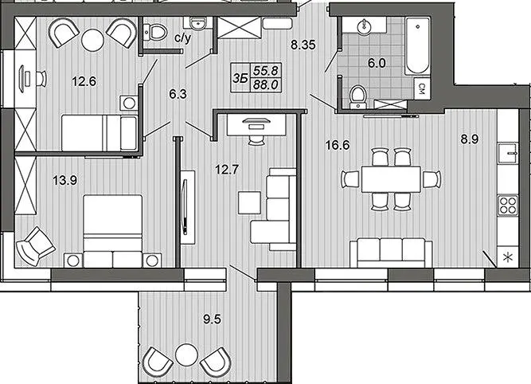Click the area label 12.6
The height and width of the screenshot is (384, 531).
tap(84, 82)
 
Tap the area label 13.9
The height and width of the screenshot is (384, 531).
tap(65, 180)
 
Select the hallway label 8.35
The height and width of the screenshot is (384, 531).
tap(303, 45)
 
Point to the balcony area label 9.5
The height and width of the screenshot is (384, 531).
tap(213, 319)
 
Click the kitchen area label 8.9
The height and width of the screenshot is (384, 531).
tap(470, 139)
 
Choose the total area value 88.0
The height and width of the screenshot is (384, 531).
tap(266, 84)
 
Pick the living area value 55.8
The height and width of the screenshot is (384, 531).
tap(266, 70)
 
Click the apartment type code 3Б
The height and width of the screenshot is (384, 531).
tap(240, 79)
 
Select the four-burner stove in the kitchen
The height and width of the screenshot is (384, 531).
tap(508, 206)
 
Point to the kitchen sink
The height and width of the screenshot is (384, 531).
tap(508, 154)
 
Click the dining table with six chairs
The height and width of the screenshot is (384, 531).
tap(391, 179)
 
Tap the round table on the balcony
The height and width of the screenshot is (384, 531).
tap(186, 355)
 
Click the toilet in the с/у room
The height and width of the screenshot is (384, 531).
tap(156, 32)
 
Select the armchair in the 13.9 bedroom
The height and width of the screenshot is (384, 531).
tap(35, 246)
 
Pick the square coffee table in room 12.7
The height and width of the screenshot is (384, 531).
tap(249, 202)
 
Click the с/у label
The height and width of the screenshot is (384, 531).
tap(183, 37)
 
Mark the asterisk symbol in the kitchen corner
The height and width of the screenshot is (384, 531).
tap(508, 258)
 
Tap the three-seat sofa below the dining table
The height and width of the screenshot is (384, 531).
tap(391, 253)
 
